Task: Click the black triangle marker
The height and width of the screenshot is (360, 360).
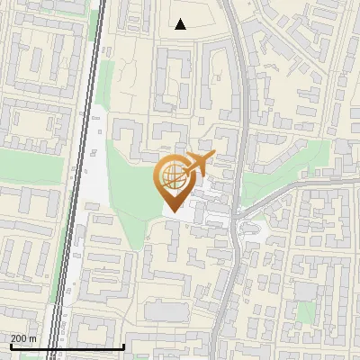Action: click(x=181, y=24)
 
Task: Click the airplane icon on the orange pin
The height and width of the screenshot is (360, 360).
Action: click(x=197, y=165)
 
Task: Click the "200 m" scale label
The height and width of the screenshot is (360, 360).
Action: click(x=24, y=338)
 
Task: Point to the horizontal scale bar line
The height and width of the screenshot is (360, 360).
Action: click(x=67, y=346)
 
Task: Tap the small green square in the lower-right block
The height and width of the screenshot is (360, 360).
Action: click(x=306, y=311)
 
